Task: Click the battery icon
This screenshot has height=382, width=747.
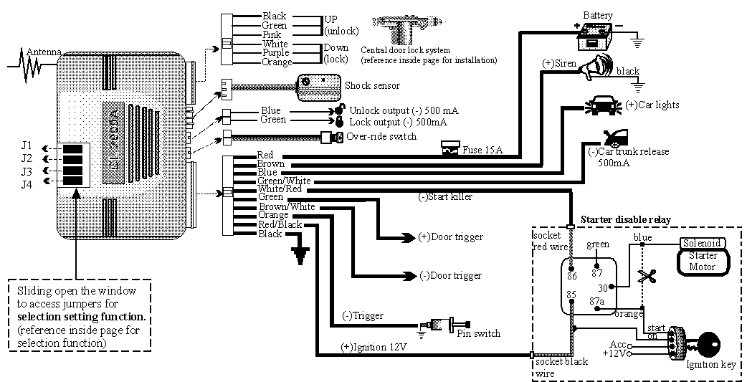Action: pos(596,34)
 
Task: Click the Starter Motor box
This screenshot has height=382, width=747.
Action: pos(703,261)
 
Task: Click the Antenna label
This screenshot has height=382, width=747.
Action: pos(44,52)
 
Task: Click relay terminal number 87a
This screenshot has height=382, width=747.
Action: pos(597,301)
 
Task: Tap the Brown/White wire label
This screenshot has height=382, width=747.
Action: pos(286,206)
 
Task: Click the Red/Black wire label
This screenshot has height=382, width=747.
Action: pos(280,225)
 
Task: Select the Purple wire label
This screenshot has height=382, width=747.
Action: pos(275,53)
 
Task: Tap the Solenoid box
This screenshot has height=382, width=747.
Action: pos(701,243)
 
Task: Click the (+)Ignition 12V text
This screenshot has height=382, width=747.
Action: pos(373,348)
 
